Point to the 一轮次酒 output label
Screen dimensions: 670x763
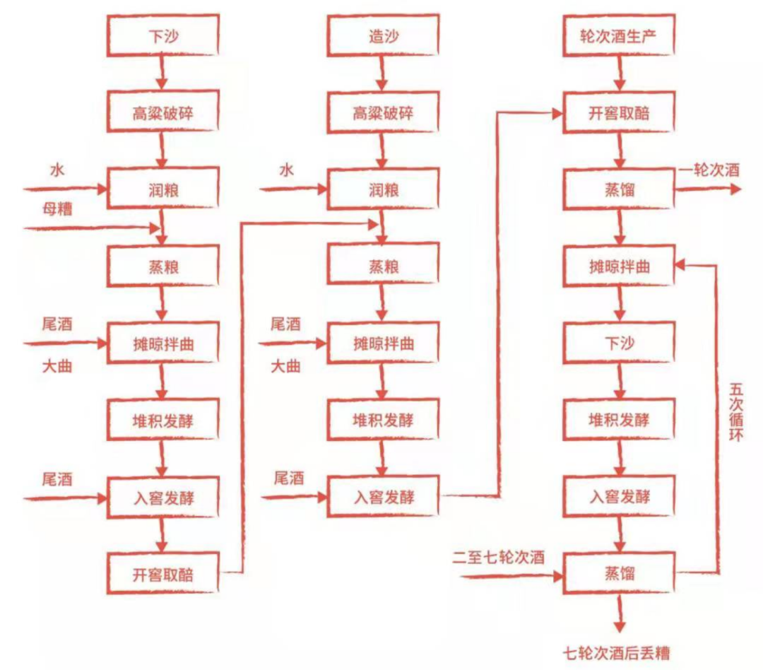click(x=709, y=170)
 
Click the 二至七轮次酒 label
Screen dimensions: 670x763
click(x=499, y=558)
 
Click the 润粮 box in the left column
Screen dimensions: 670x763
click(x=162, y=189)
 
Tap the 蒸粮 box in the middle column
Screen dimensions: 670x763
click(x=384, y=266)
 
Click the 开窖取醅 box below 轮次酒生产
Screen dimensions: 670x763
click(x=618, y=112)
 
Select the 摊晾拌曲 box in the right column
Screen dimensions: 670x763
click(x=619, y=266)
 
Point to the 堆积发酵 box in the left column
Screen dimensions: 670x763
click(x=162, y=421)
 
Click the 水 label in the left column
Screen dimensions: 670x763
click(x=57, y=170)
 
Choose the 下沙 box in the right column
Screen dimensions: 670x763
click(x=619, y=343)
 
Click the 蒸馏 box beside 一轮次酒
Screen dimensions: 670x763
click(x=619, y=189)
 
